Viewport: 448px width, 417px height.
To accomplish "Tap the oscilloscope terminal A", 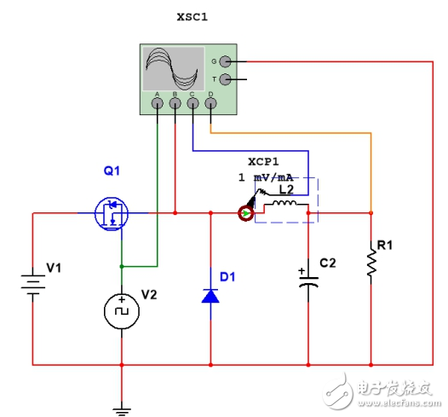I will click(158, 104).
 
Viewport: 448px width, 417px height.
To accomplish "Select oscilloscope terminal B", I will click(175, 104).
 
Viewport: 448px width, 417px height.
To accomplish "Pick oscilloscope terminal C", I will click(192, 104).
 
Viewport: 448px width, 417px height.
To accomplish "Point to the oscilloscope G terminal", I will click(225, 61).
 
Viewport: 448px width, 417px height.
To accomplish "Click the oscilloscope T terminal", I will click(225, 79).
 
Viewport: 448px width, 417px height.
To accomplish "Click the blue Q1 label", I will click(112, 171).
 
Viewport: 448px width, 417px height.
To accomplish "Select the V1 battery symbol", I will click(32, 282).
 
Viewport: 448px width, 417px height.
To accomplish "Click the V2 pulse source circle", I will click(121, 312).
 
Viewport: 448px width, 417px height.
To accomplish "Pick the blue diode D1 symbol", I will click(210, 295).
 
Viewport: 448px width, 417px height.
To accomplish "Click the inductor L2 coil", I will click(281, 208).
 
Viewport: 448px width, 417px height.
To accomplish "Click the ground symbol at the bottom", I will click(122, 408).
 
